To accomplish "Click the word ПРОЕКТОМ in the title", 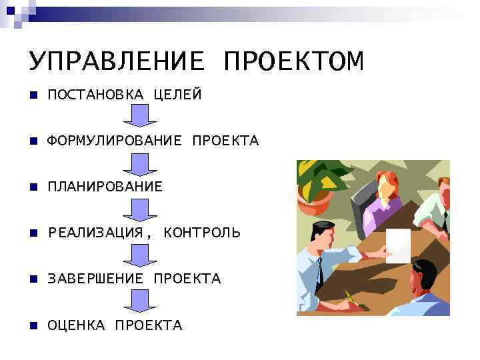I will coord(294,61).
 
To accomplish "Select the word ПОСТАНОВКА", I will coord(95,95).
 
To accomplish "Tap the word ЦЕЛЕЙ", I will coord(177,95).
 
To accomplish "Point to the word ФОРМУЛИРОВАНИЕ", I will coord(114,141).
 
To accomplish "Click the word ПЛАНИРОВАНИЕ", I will coord(105,187).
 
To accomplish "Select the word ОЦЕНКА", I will coord(76,325).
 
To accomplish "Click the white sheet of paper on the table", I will coord(399,245).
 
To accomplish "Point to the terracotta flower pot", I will coord(314,201).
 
